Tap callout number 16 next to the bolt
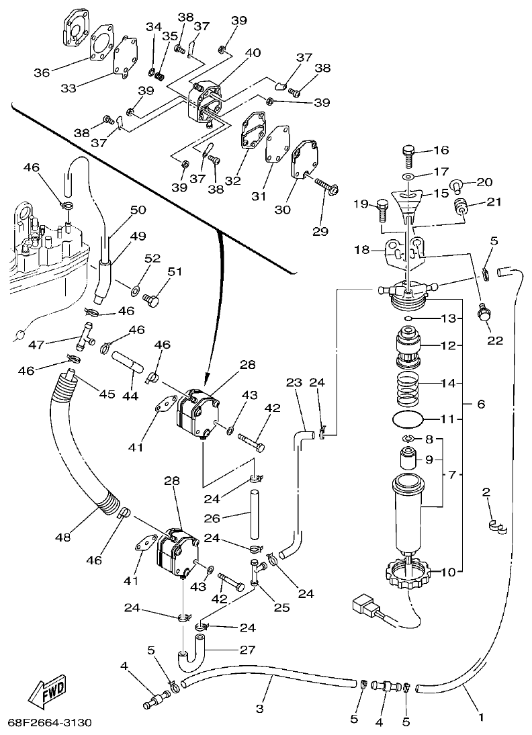tap(441, 150)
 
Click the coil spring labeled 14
tap(409, 389)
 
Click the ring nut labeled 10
tap(408, 574)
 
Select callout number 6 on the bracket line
tap(480, 405)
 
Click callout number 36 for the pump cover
tap(42, 73)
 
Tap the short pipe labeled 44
tap(128, 360)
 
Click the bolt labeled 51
tap(152, 300)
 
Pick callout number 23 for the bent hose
tap(294, 384)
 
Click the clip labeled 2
tap(498, 527)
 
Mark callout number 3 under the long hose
tap(260, 709)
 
